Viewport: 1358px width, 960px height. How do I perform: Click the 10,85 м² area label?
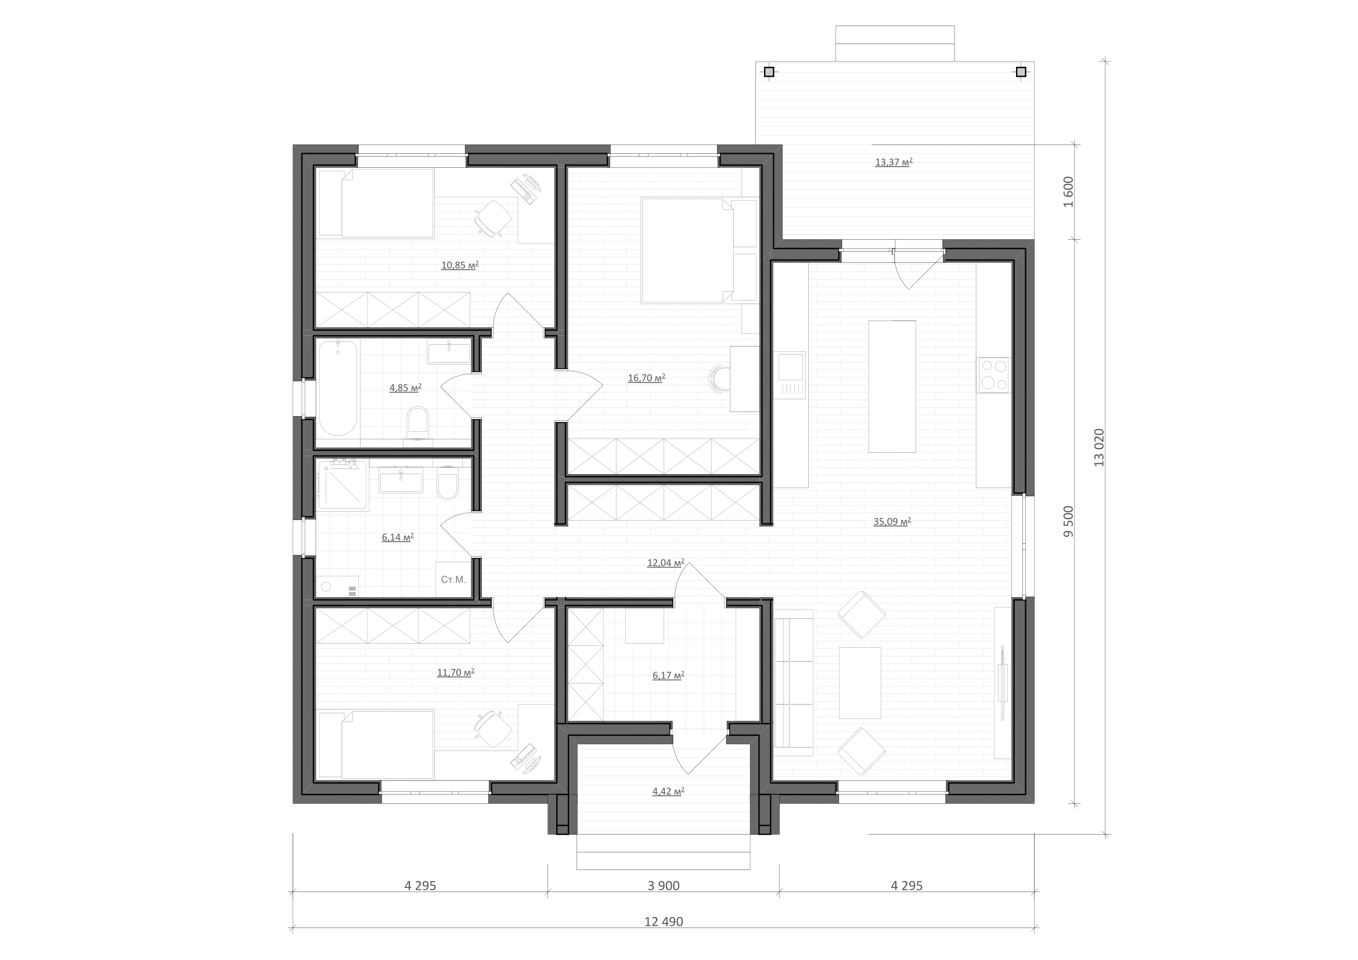460,265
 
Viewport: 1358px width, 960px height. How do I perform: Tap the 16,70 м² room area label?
646,378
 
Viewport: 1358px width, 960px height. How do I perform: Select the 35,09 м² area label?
892,521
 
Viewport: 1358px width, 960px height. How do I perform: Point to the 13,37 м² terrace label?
894,162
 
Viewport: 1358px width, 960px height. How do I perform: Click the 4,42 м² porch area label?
668,791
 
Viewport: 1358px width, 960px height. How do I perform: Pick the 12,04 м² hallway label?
666,563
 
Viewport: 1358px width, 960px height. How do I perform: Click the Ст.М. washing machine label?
453,579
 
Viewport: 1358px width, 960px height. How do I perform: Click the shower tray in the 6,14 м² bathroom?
343,485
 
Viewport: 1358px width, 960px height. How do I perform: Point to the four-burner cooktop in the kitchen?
993,375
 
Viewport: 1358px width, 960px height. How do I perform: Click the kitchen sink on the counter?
790,375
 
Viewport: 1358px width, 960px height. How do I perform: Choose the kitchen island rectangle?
892,386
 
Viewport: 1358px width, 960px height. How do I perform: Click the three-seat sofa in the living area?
793,682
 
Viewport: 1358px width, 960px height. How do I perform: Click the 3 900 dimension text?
664,886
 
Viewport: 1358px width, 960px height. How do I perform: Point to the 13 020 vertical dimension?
1099,447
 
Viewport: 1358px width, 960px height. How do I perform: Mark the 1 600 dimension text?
1068,192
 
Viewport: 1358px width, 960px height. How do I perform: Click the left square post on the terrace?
769,72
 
